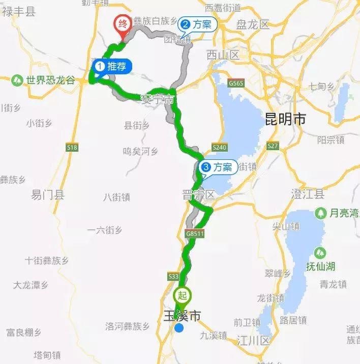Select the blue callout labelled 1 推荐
[113, 66]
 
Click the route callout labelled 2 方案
[198, 24]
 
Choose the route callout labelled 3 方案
[218, 166]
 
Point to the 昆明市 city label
[286, 120]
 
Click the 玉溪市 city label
[181, 316]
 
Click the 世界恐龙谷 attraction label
[50, 80]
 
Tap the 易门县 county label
[48, 194]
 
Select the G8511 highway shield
[195, 234]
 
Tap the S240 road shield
[219, 147]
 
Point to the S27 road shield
[273, 146]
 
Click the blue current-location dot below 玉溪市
[179, 328]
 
